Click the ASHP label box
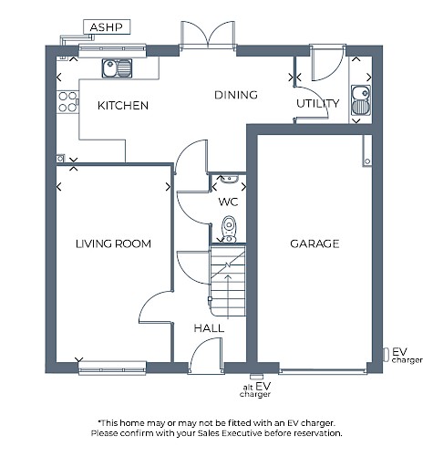pos(107,27)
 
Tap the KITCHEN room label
pos(123,106)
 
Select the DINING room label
pos(236,95)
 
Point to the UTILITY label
pos(317,104)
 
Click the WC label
pos(228,202)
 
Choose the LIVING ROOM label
pos(113,244)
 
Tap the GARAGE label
pos(314,244)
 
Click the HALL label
pos(209,328)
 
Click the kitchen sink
pos(117,68)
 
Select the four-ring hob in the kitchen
pos(67,102)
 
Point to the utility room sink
pos(361,100)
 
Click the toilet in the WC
pos(229,230)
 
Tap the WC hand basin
pos(229,179)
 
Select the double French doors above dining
pos(208,35)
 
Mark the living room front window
pos(112,368)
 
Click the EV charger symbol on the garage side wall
pos(386,355)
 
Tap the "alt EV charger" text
pos(255,390)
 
